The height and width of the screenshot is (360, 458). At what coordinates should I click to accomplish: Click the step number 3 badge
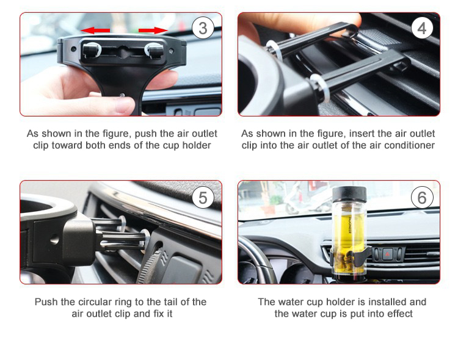click(203, 29)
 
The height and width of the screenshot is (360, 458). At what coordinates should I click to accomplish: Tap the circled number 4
click(421, 29)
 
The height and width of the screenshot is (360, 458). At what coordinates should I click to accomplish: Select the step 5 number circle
click(203, 197)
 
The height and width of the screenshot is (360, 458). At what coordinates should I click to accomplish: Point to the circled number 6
click(421, 197)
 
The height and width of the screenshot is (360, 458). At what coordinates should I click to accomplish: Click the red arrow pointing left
click(96, 30)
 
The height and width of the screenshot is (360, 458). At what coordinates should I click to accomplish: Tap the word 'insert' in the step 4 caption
click(346, 133)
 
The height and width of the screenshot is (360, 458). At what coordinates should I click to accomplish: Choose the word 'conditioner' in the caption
click(408, 145)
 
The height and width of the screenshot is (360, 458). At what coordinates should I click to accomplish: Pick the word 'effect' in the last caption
click(398, 314)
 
